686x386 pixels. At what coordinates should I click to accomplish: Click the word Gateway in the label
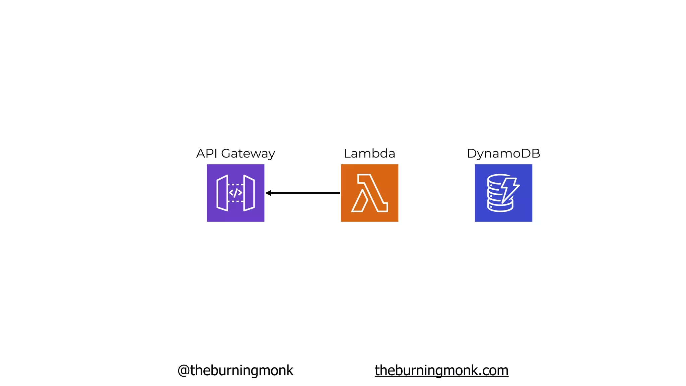(248, 153)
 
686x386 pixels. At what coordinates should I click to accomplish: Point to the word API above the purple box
(207, 153)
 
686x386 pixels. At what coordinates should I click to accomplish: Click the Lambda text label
(369, 153)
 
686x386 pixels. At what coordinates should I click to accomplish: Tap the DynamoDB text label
(503, 153)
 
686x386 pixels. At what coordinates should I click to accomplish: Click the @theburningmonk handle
(235, 370)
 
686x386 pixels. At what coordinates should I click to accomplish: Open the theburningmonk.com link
(441, 370)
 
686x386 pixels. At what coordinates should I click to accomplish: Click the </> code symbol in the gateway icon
(235, 193)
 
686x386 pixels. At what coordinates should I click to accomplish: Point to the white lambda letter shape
(369, 193)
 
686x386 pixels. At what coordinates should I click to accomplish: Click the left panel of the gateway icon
(222, 193)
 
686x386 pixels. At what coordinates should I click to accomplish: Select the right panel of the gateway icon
(249, 193)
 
